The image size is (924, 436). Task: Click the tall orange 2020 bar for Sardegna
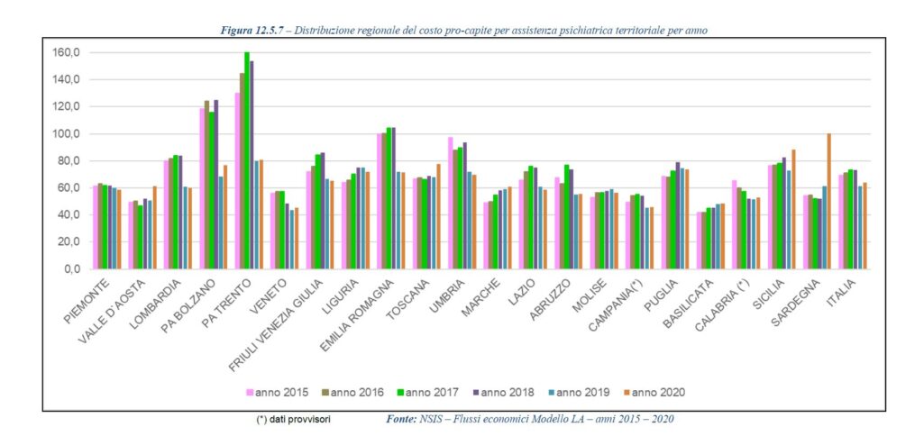[828, 202]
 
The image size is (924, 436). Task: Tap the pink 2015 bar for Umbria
[450, 203]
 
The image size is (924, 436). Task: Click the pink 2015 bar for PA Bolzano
[202, 188]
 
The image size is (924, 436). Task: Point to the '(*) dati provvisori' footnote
[294, 419]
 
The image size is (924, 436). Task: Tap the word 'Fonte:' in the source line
[401, 419]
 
